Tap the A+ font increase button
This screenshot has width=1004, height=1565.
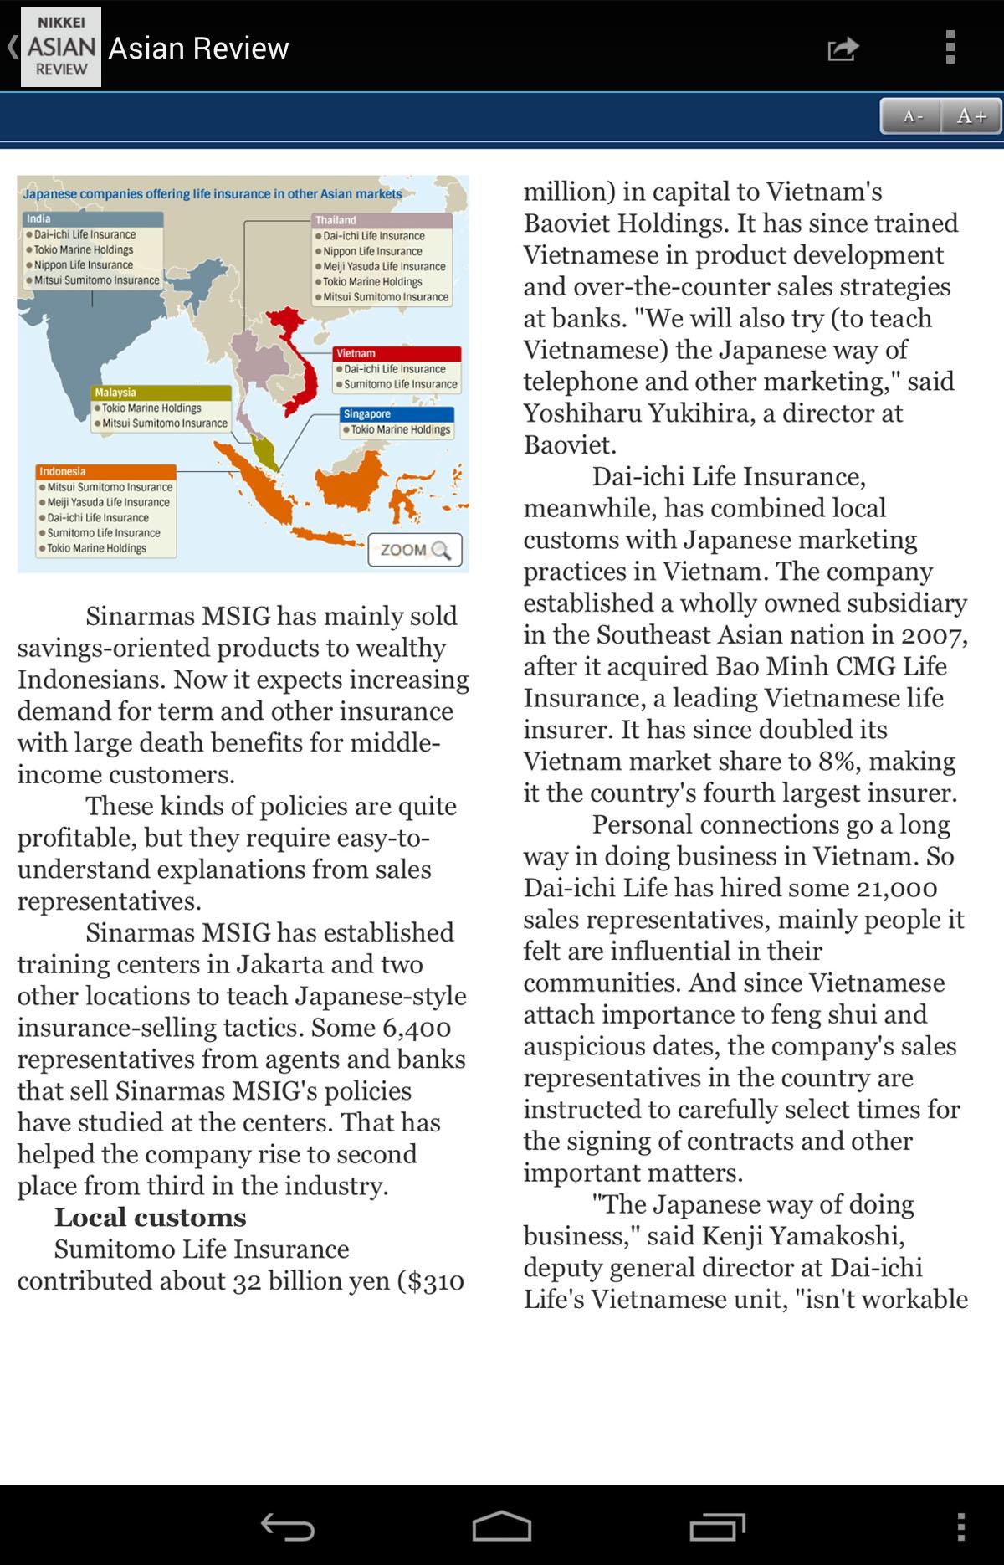tap(971, 116)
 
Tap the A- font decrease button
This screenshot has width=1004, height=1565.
tap(911, 116)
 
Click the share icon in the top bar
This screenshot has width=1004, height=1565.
tap(843, 49)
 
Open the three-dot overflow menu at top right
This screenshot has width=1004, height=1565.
tap(950, 48)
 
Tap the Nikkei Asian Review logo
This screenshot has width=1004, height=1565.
tap(60, 47)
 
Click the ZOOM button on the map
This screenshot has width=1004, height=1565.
tap(415, 550)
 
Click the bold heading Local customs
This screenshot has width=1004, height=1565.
tap(151, 1217)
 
